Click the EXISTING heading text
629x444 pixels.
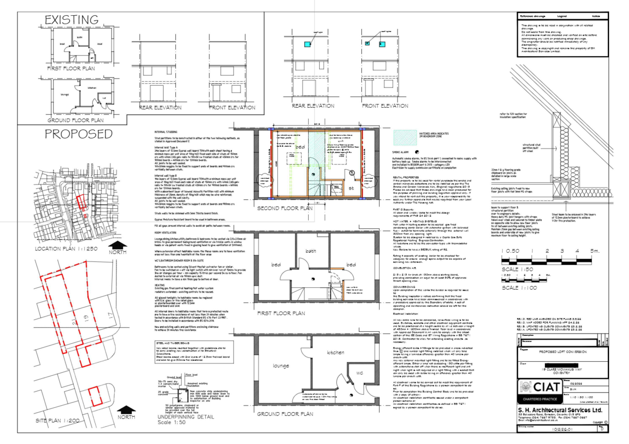tap(72, 20)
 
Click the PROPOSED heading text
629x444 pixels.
tap(79, 134)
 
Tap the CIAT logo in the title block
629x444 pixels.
tap(540, 387)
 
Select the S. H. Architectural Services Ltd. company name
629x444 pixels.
tap(560, 410)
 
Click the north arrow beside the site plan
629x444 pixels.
tap(126, 410)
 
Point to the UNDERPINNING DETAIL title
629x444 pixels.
tap(186, 417)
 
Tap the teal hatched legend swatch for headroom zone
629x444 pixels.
tap(405, 137)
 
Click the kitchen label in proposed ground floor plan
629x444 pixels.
tap(335, 353)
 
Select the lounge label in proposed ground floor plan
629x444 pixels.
tap(281, 366)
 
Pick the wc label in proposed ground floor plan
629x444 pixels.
tap(359, 373)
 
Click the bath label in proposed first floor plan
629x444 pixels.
tap(311, 251)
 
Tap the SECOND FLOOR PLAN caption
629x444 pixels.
tap(285, 208)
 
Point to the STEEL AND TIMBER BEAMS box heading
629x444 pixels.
tap(173, 343)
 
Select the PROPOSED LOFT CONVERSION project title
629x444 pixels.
tap(563, 352)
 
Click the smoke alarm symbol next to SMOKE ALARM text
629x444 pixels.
tap(417, 152)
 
